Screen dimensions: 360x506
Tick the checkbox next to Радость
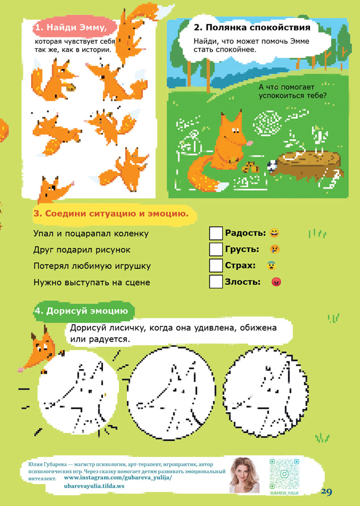[216, 233]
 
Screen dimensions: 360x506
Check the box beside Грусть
[216, 249]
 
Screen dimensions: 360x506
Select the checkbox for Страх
[216, 266]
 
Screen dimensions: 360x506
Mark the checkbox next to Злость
[216, 281]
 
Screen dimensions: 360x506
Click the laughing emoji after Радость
[275, 233]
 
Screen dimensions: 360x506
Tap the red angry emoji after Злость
[276, 282]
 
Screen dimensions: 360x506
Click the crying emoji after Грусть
[275, 249]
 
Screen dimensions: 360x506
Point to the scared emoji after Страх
[271, 266]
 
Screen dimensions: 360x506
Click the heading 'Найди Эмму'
[71, 27]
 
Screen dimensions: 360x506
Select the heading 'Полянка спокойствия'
[252, 27]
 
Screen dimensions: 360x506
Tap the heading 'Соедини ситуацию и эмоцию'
[111, 214]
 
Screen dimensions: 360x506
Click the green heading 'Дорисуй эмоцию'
[81, 311]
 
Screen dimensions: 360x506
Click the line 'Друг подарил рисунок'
[82, 250]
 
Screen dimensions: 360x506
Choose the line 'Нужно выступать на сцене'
[92, 283]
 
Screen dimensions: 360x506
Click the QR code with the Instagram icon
[284, 474]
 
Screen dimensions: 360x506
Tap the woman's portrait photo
[244, 475]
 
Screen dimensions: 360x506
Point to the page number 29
[326, 491]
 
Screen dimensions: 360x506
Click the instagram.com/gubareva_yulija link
[118, 478]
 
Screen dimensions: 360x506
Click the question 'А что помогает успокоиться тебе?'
[292, 92]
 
